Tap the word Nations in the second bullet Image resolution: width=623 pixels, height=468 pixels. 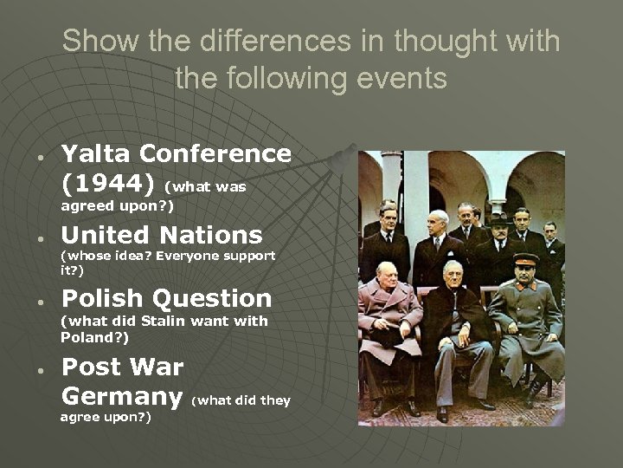click(x=218, y=235)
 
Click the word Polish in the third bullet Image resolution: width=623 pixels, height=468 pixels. click(x=102, y=299)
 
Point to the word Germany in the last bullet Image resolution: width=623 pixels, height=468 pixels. click(x=122, y=397)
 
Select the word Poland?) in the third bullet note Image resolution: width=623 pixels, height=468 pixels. click(x=94, y=338)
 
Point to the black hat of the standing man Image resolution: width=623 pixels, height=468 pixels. click(x=500, y=220)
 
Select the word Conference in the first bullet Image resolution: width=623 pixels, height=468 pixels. click(x=215, y=154)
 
